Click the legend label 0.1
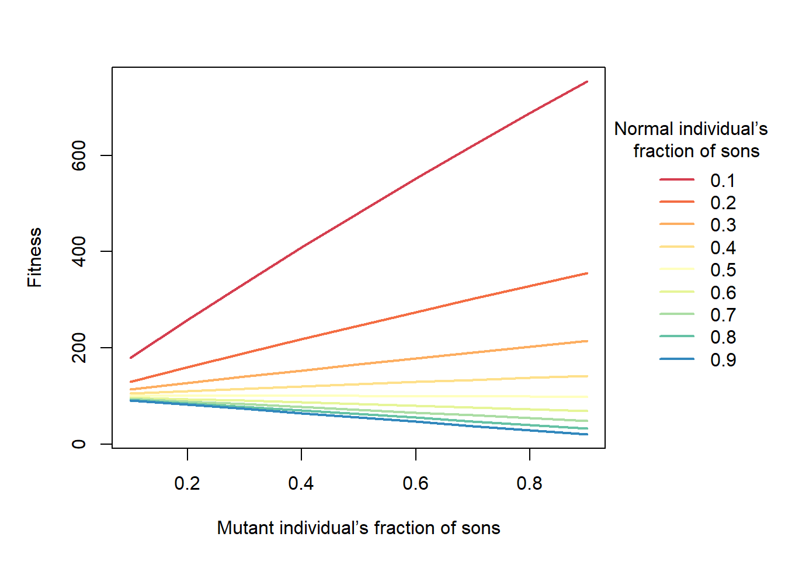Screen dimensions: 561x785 coord(723,181)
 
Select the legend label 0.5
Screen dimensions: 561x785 coord(723,270)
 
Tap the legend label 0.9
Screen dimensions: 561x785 coord(723,360)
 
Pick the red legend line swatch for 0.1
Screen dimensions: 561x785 coord(677,179)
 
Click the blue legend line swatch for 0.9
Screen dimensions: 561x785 coord(677,359)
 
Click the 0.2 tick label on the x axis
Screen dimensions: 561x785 coord(187,484)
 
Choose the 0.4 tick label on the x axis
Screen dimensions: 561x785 coord(301,484)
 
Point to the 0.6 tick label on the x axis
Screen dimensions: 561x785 coord(415,484)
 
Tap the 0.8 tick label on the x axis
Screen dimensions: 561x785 coord(529,484)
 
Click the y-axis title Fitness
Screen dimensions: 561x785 coord(34,258)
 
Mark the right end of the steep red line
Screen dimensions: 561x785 coord(586,82)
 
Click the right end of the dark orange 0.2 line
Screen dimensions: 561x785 coord(586,273)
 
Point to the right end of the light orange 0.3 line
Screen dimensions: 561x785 coord(586,341)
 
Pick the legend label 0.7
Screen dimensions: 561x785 coord(723,315)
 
